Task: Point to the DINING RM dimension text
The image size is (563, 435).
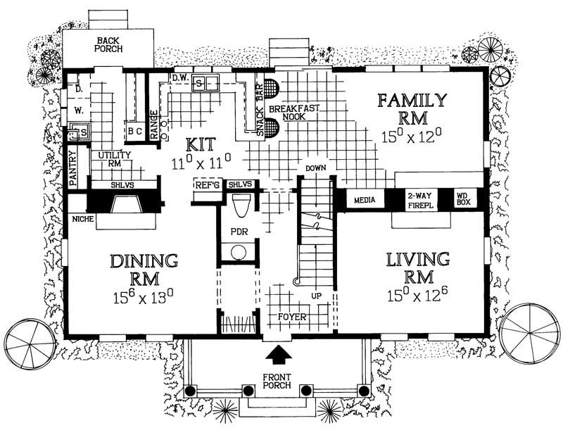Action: [x=144, y=294]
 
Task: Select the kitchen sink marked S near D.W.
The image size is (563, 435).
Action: [x=199, y=83]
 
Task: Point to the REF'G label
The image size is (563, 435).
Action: [x=205, y=185]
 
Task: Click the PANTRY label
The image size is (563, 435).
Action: [x=73, y=168]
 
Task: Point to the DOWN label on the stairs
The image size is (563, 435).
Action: [x=313, y=168]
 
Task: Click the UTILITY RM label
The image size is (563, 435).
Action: [x=110, y=158]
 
